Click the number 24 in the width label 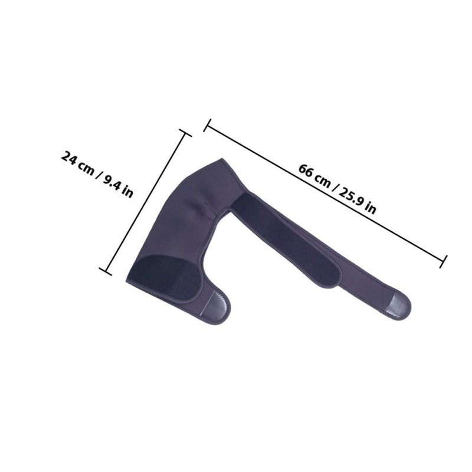click(69, 158)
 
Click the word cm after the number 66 click(323, 181)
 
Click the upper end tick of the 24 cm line click(185, 133)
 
